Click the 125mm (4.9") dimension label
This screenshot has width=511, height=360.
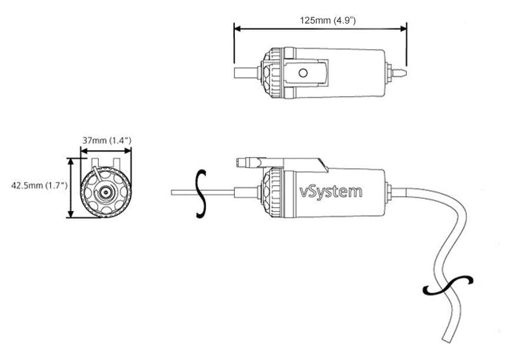coord(327,20)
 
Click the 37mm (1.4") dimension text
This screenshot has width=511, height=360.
coord(105,140)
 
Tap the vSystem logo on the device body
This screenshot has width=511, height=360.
coord(331,192)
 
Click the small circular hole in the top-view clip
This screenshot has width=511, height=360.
coord(303,73)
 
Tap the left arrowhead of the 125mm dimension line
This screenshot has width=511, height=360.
coord(237,28)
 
